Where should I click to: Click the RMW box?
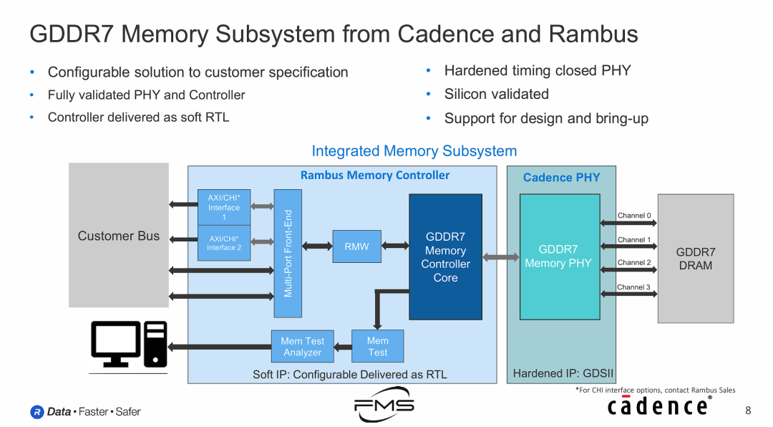(x=356, y=246)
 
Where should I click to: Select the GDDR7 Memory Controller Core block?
(x=445, y=256)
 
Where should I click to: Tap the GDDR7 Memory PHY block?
(x=558, y=256)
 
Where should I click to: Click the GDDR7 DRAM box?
(x=695, y=259)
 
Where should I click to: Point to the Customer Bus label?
(x=119, y=236)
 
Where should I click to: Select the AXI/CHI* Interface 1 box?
(x=224, y=207)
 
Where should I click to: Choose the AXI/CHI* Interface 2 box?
(x=224, y=243)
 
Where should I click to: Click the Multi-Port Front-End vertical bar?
(x=288, y=253)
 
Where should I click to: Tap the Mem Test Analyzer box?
(x=303, y=346)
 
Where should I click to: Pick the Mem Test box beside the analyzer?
(x=377, y=346)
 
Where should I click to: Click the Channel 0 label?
(x=634, y=216)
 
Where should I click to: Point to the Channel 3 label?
(x=634, y=287)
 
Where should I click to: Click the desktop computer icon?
(x=129, y=344)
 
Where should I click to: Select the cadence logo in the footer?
(x=658, y=406)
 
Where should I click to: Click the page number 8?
(x=748, y=411)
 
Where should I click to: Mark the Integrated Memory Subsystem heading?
(x=414, y=151)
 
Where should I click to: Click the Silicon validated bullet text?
(x=496, y=95)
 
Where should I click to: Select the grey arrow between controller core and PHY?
(x=500, y=256)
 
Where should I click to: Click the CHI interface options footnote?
(x=655, y=390)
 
